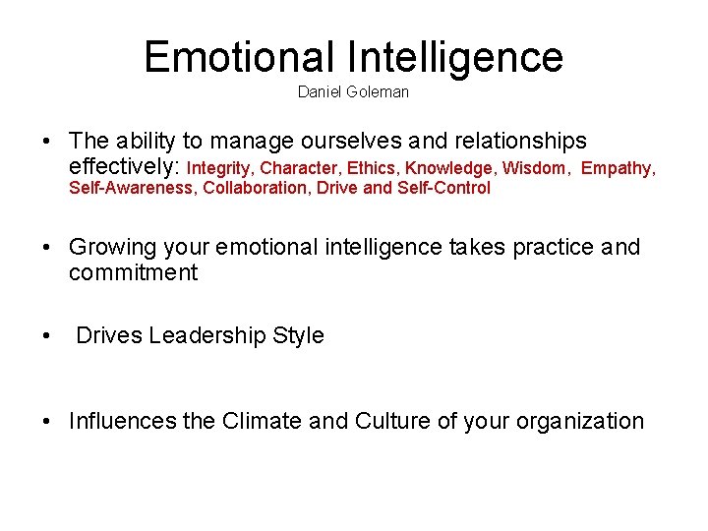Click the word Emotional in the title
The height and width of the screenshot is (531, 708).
[239, 57]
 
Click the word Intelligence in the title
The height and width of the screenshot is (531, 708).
[454, 57]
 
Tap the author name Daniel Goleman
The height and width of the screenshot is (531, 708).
[353, 92]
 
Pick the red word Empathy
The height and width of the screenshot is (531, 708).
[617, 168]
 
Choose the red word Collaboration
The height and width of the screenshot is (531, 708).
[256, 188]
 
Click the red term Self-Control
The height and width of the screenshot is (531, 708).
[443, 188]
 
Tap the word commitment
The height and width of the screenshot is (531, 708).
[133, 272]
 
